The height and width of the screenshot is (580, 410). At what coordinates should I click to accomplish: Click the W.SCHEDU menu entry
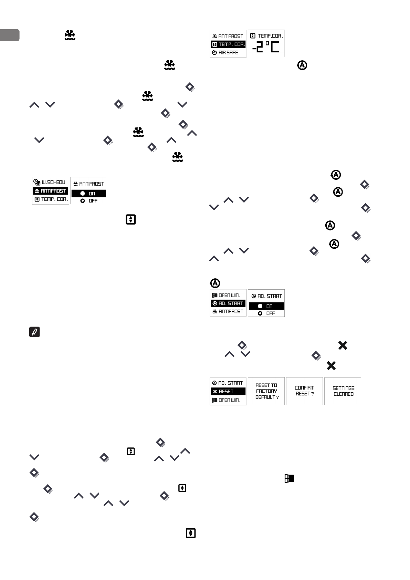[50, 182]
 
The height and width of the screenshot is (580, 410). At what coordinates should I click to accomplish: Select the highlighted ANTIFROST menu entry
[50, 191]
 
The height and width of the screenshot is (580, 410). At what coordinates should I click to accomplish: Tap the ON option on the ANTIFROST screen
[88, 194]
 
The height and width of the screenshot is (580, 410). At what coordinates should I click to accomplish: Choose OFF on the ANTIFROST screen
[88, 201]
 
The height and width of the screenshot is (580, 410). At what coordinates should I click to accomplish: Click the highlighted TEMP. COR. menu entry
[228, 44]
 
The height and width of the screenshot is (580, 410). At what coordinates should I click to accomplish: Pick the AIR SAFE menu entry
[228, 53]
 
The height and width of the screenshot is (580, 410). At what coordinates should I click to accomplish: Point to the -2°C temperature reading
[266, 47]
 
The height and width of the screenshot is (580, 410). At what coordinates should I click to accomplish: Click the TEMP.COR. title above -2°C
[266, 36]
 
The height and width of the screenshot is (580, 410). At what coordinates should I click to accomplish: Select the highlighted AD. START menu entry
[228, 303]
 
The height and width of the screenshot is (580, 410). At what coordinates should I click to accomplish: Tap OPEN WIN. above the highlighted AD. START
[228, 295]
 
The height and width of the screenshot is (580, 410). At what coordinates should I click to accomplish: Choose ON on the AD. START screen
[266, 306]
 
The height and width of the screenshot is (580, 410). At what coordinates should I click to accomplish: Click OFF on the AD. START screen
[266, 313]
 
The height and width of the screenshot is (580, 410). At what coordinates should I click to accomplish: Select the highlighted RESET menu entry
[228, 392]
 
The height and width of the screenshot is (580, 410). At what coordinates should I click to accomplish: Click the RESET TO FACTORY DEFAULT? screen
[266, 391]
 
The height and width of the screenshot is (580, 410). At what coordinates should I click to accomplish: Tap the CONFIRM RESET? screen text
[305, 391]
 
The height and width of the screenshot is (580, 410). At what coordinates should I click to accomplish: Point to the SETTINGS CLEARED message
[343, 391]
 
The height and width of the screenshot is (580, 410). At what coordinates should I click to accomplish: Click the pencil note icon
[35, 332]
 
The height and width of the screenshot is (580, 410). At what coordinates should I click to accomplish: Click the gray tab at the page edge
[10, 35]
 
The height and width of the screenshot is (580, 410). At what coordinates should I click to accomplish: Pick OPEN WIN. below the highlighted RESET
[228, 400]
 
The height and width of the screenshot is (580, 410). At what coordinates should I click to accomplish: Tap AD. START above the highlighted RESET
[228, 383]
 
